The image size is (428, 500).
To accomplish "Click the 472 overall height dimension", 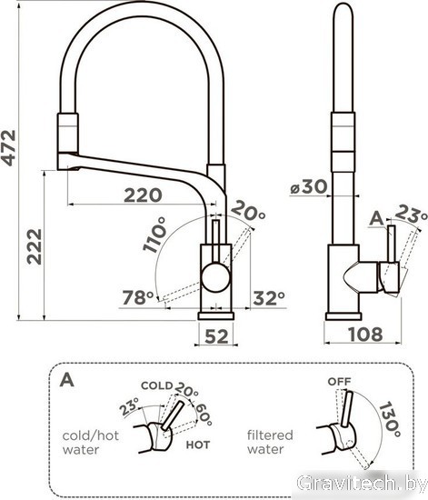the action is (8, 147).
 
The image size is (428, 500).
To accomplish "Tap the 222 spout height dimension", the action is (35, 246).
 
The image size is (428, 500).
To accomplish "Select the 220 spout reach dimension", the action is (143, 195).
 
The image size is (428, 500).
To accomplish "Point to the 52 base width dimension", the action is (216, 336).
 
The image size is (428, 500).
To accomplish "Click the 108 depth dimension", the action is (365, 335).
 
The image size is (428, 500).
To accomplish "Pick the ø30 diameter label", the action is (309, 186).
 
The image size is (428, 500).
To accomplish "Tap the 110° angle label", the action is (154, 235).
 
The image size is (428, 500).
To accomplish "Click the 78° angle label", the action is (138, 297).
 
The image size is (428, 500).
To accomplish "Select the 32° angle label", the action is (269, 298).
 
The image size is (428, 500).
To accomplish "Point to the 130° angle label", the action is (390, 420).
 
